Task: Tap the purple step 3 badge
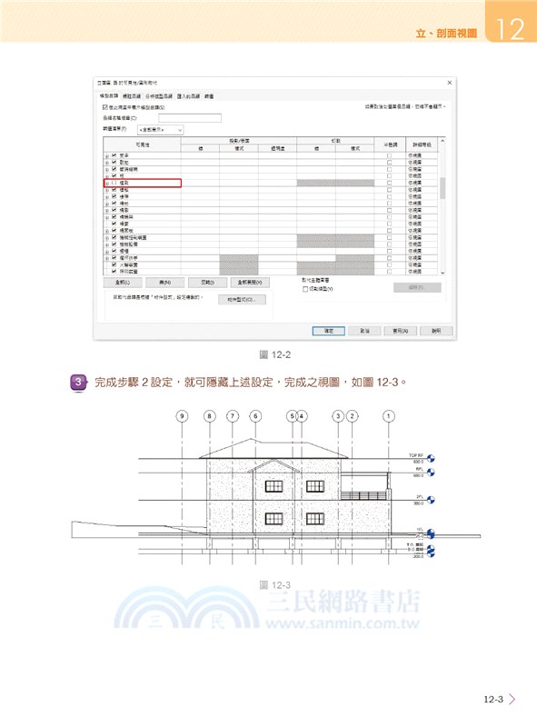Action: (79, 382)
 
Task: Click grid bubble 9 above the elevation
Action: (183, 416)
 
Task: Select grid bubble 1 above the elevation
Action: (389, 416)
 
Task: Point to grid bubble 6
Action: (255, 416)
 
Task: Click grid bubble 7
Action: (233, 416)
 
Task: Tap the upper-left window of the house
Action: (273, 486)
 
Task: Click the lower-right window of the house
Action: (314, 519)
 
